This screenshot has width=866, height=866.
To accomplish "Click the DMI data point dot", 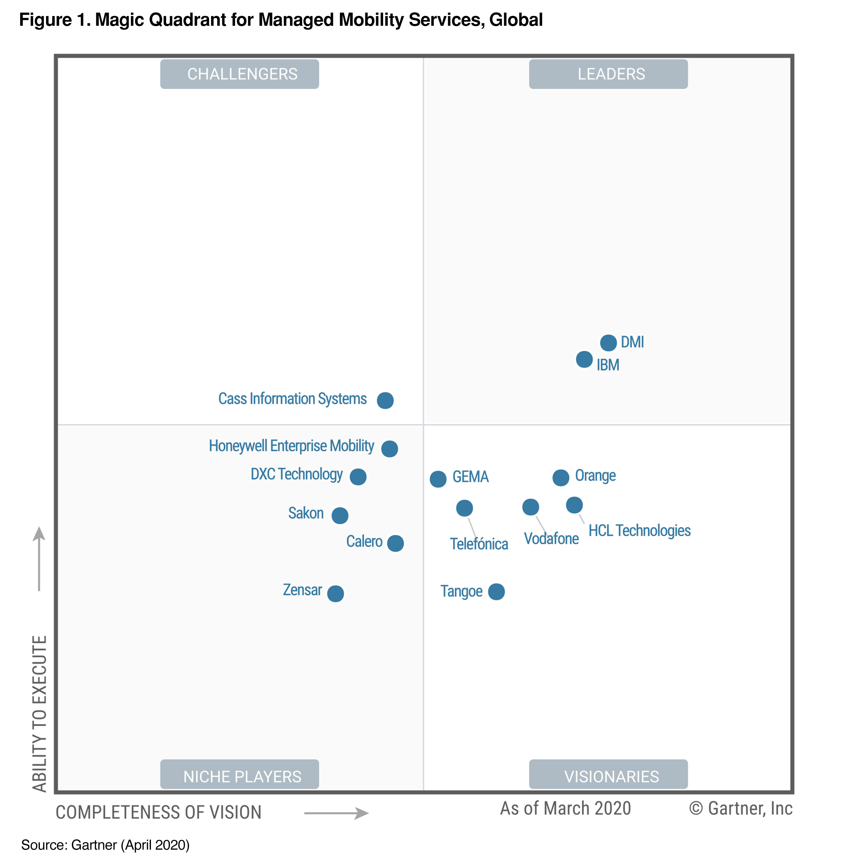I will coord(608,343).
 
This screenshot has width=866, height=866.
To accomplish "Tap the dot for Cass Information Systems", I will coord(385,400).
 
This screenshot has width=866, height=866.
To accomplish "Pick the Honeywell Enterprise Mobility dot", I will coord(389,448).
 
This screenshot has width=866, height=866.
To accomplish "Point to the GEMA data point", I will coord(438,479).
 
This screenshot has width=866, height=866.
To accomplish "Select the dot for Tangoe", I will coord(496,592).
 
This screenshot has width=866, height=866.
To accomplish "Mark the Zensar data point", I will coord(335,594).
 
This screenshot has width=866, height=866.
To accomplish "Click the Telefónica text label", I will coord(479,544).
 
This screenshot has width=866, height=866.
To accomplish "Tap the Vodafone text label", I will coord(551,538).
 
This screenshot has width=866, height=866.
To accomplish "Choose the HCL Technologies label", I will coord(639,531).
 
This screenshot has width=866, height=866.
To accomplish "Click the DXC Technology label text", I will coord(296,474).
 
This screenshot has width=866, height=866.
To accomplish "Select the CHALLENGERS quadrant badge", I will coord(240,74).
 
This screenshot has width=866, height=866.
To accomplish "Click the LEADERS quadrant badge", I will coord(608,74).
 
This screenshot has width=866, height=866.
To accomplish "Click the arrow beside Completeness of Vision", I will coord(336,813).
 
